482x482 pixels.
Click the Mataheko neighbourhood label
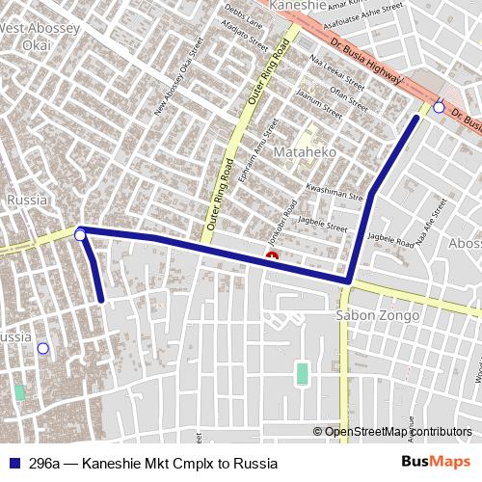pyautogui.click(x=305, y=152)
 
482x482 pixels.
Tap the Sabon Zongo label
pyautogui.click(x=377, y=316)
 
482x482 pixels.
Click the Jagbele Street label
pyautogui.click(x=322, y=225)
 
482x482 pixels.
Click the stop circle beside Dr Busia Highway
pyautogui.click(x=439, y=107)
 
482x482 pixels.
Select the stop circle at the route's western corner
pyautogui.click(x=80, y=234)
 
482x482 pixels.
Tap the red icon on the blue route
pyautogui.click(x=273, y=257)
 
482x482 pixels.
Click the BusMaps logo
pyautogui.click(x=436, y=463)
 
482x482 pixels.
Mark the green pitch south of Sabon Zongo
pyautogui.click(x=302, y=373)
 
